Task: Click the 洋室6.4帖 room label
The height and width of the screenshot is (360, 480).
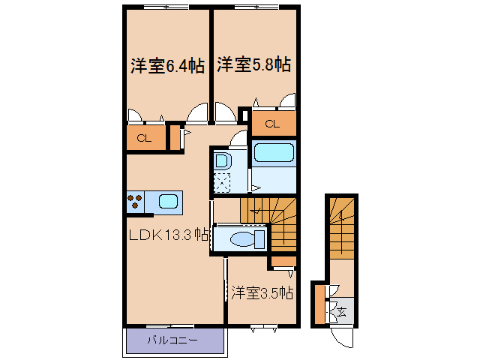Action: point(166,66)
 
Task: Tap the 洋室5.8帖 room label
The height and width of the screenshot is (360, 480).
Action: point(253,65)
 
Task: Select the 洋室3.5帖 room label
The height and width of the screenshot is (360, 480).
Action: point(262,292)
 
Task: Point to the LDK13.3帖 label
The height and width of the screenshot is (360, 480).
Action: point(167,235)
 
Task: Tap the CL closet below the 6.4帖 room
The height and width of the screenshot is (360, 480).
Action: point(145,138)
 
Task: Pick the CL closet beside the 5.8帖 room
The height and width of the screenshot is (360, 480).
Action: point(272,123)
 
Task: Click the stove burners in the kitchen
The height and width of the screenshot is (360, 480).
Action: point(135,202)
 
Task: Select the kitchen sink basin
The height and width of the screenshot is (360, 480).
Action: point(169,202)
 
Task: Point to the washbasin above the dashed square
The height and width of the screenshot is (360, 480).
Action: point(222,160)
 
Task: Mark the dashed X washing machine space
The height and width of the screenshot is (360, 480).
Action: point(223,181)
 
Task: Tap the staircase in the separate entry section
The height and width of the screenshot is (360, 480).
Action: point(343,226)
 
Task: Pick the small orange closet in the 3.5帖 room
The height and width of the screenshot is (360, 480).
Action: point(282,261)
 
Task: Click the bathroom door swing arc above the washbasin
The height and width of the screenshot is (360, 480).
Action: point(238,139)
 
